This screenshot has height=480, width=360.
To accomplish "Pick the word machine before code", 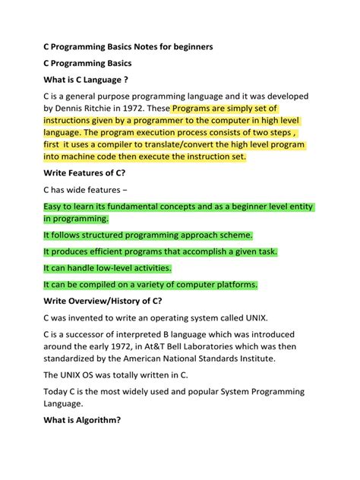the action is (x=77, y=156).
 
